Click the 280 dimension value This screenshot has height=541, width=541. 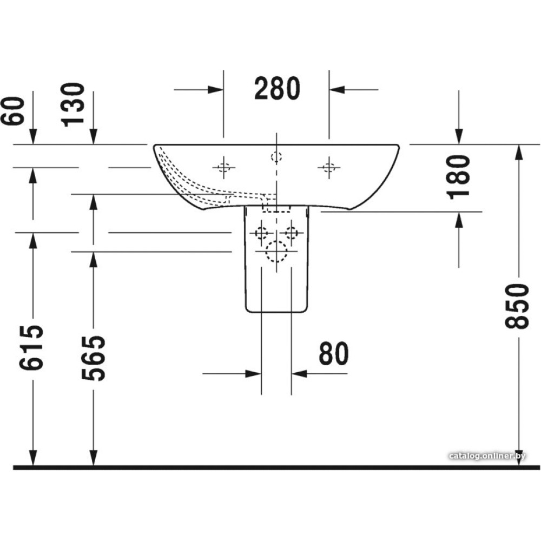276,89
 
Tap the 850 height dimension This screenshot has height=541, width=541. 517,306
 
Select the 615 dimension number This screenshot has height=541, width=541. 31,348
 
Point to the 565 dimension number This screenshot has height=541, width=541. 93,358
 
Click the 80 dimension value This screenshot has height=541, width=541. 334,354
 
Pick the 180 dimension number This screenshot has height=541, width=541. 459,177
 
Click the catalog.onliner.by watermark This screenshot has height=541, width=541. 487,456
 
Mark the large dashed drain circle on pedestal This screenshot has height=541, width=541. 276,252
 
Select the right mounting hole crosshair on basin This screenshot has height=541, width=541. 328,168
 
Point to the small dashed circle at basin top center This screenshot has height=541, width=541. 276,157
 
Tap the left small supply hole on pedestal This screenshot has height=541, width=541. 262,233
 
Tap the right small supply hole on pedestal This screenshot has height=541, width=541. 292,233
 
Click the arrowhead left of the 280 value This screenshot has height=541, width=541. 216,89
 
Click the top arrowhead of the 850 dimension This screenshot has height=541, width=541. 519,151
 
